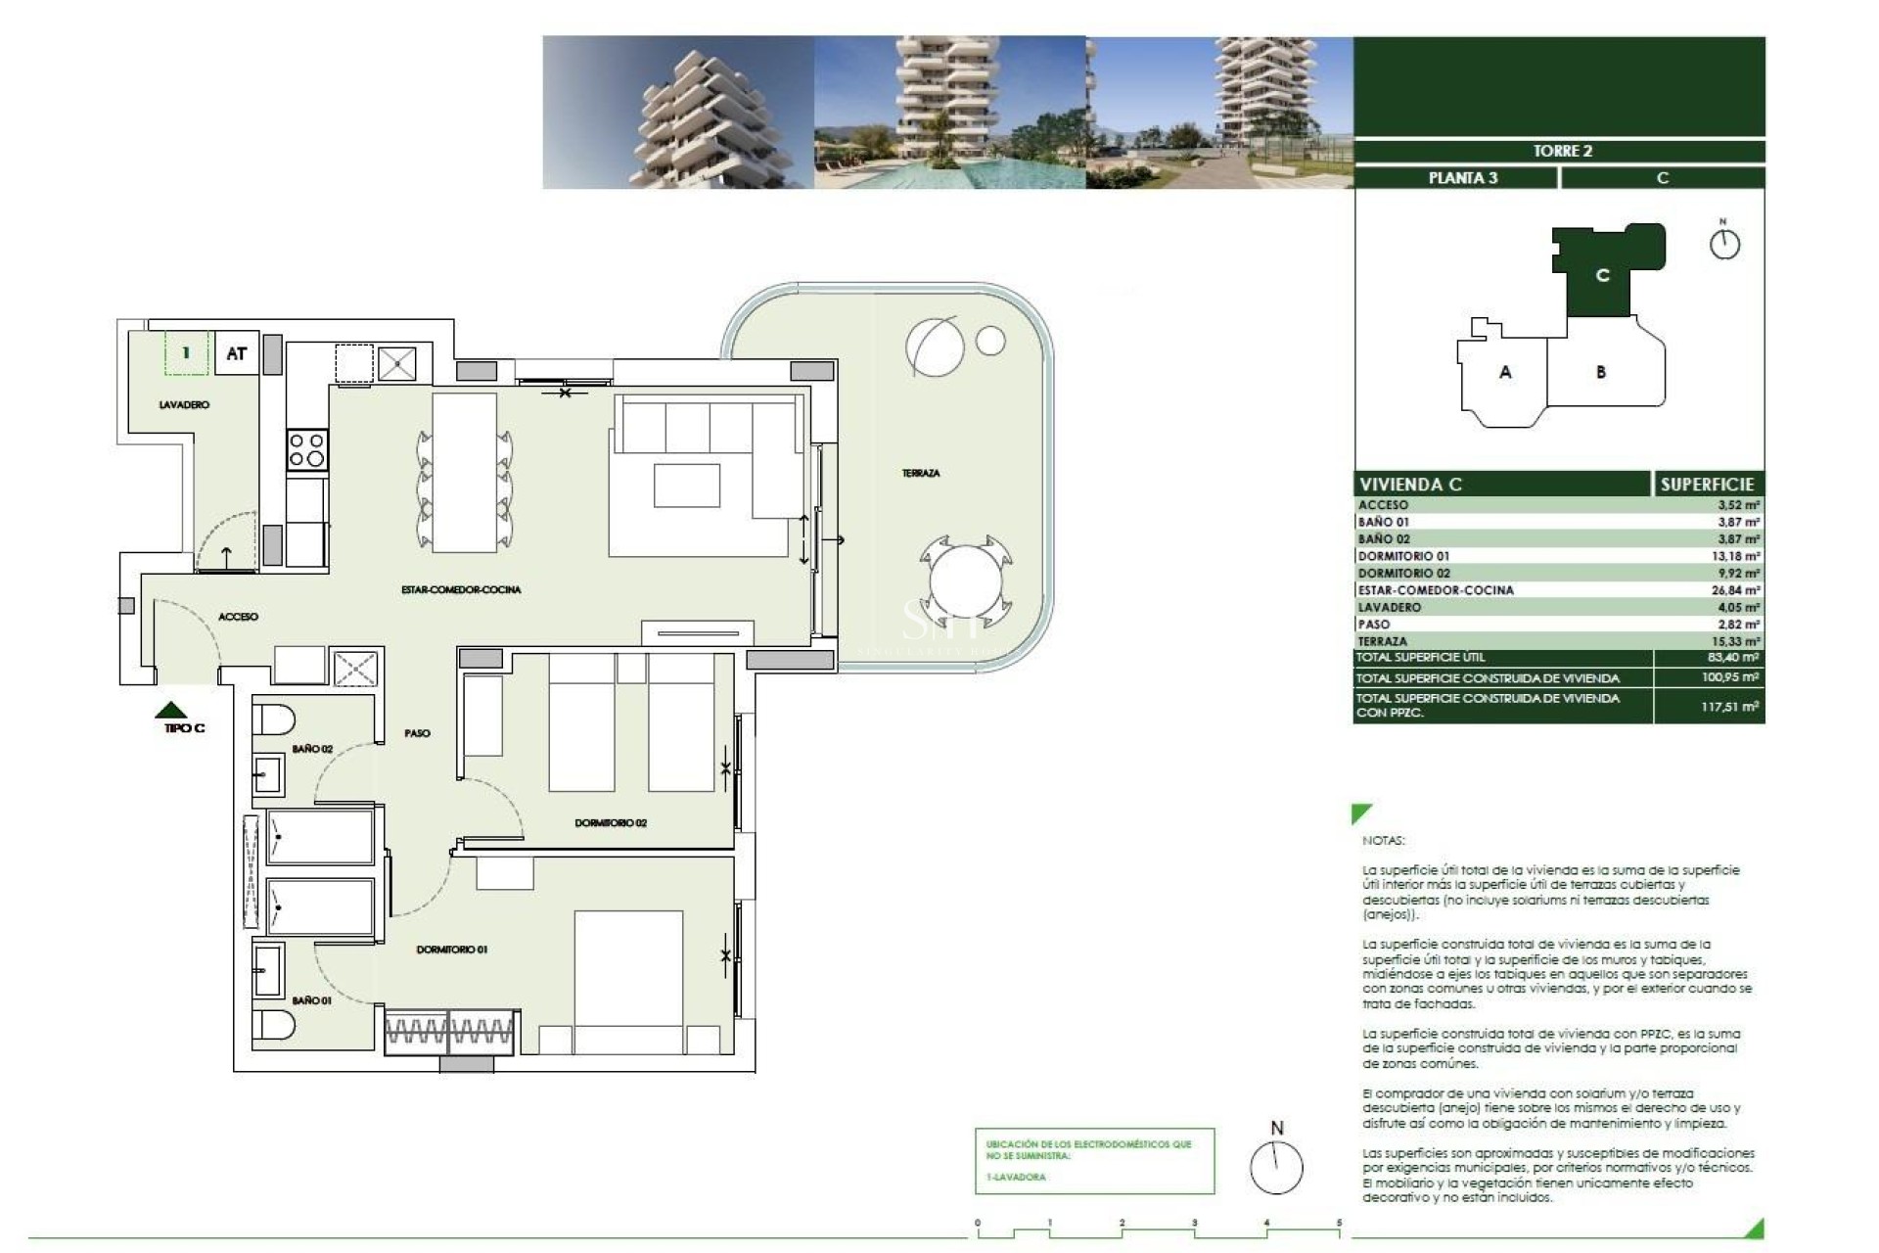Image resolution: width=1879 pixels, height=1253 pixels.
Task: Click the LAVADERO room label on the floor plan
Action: (184, 404)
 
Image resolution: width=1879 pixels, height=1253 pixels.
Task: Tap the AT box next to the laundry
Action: (236, 353)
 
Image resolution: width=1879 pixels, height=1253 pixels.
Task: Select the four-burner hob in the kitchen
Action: (306, 450)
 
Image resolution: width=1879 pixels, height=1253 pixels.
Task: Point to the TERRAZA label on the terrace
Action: (920, 473)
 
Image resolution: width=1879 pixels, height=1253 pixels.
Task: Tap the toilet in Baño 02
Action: (274, 719)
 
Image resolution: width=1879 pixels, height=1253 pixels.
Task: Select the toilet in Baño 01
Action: (274, 1025)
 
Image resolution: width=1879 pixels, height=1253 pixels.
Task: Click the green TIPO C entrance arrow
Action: (172, 710)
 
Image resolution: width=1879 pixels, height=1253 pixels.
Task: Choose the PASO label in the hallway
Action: (417, 733)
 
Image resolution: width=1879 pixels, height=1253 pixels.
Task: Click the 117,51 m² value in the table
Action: (1729, 706)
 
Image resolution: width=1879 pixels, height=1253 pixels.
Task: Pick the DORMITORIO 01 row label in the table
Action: (1403, 556)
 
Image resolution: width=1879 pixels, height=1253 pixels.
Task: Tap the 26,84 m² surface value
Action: (1738, 590)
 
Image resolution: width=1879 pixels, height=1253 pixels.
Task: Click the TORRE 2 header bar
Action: (1562, 151)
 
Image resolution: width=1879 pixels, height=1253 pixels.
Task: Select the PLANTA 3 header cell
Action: (1462, 178)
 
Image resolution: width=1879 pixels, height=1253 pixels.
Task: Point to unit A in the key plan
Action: (1505, 372)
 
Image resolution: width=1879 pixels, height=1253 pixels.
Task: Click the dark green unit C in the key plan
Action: (1602, 275)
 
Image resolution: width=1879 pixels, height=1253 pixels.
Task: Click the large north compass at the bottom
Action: (1276, 1168)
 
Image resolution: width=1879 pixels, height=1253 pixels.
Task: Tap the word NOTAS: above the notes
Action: (1383, 841)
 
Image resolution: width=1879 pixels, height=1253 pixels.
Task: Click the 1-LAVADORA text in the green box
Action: (1016, 1177)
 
